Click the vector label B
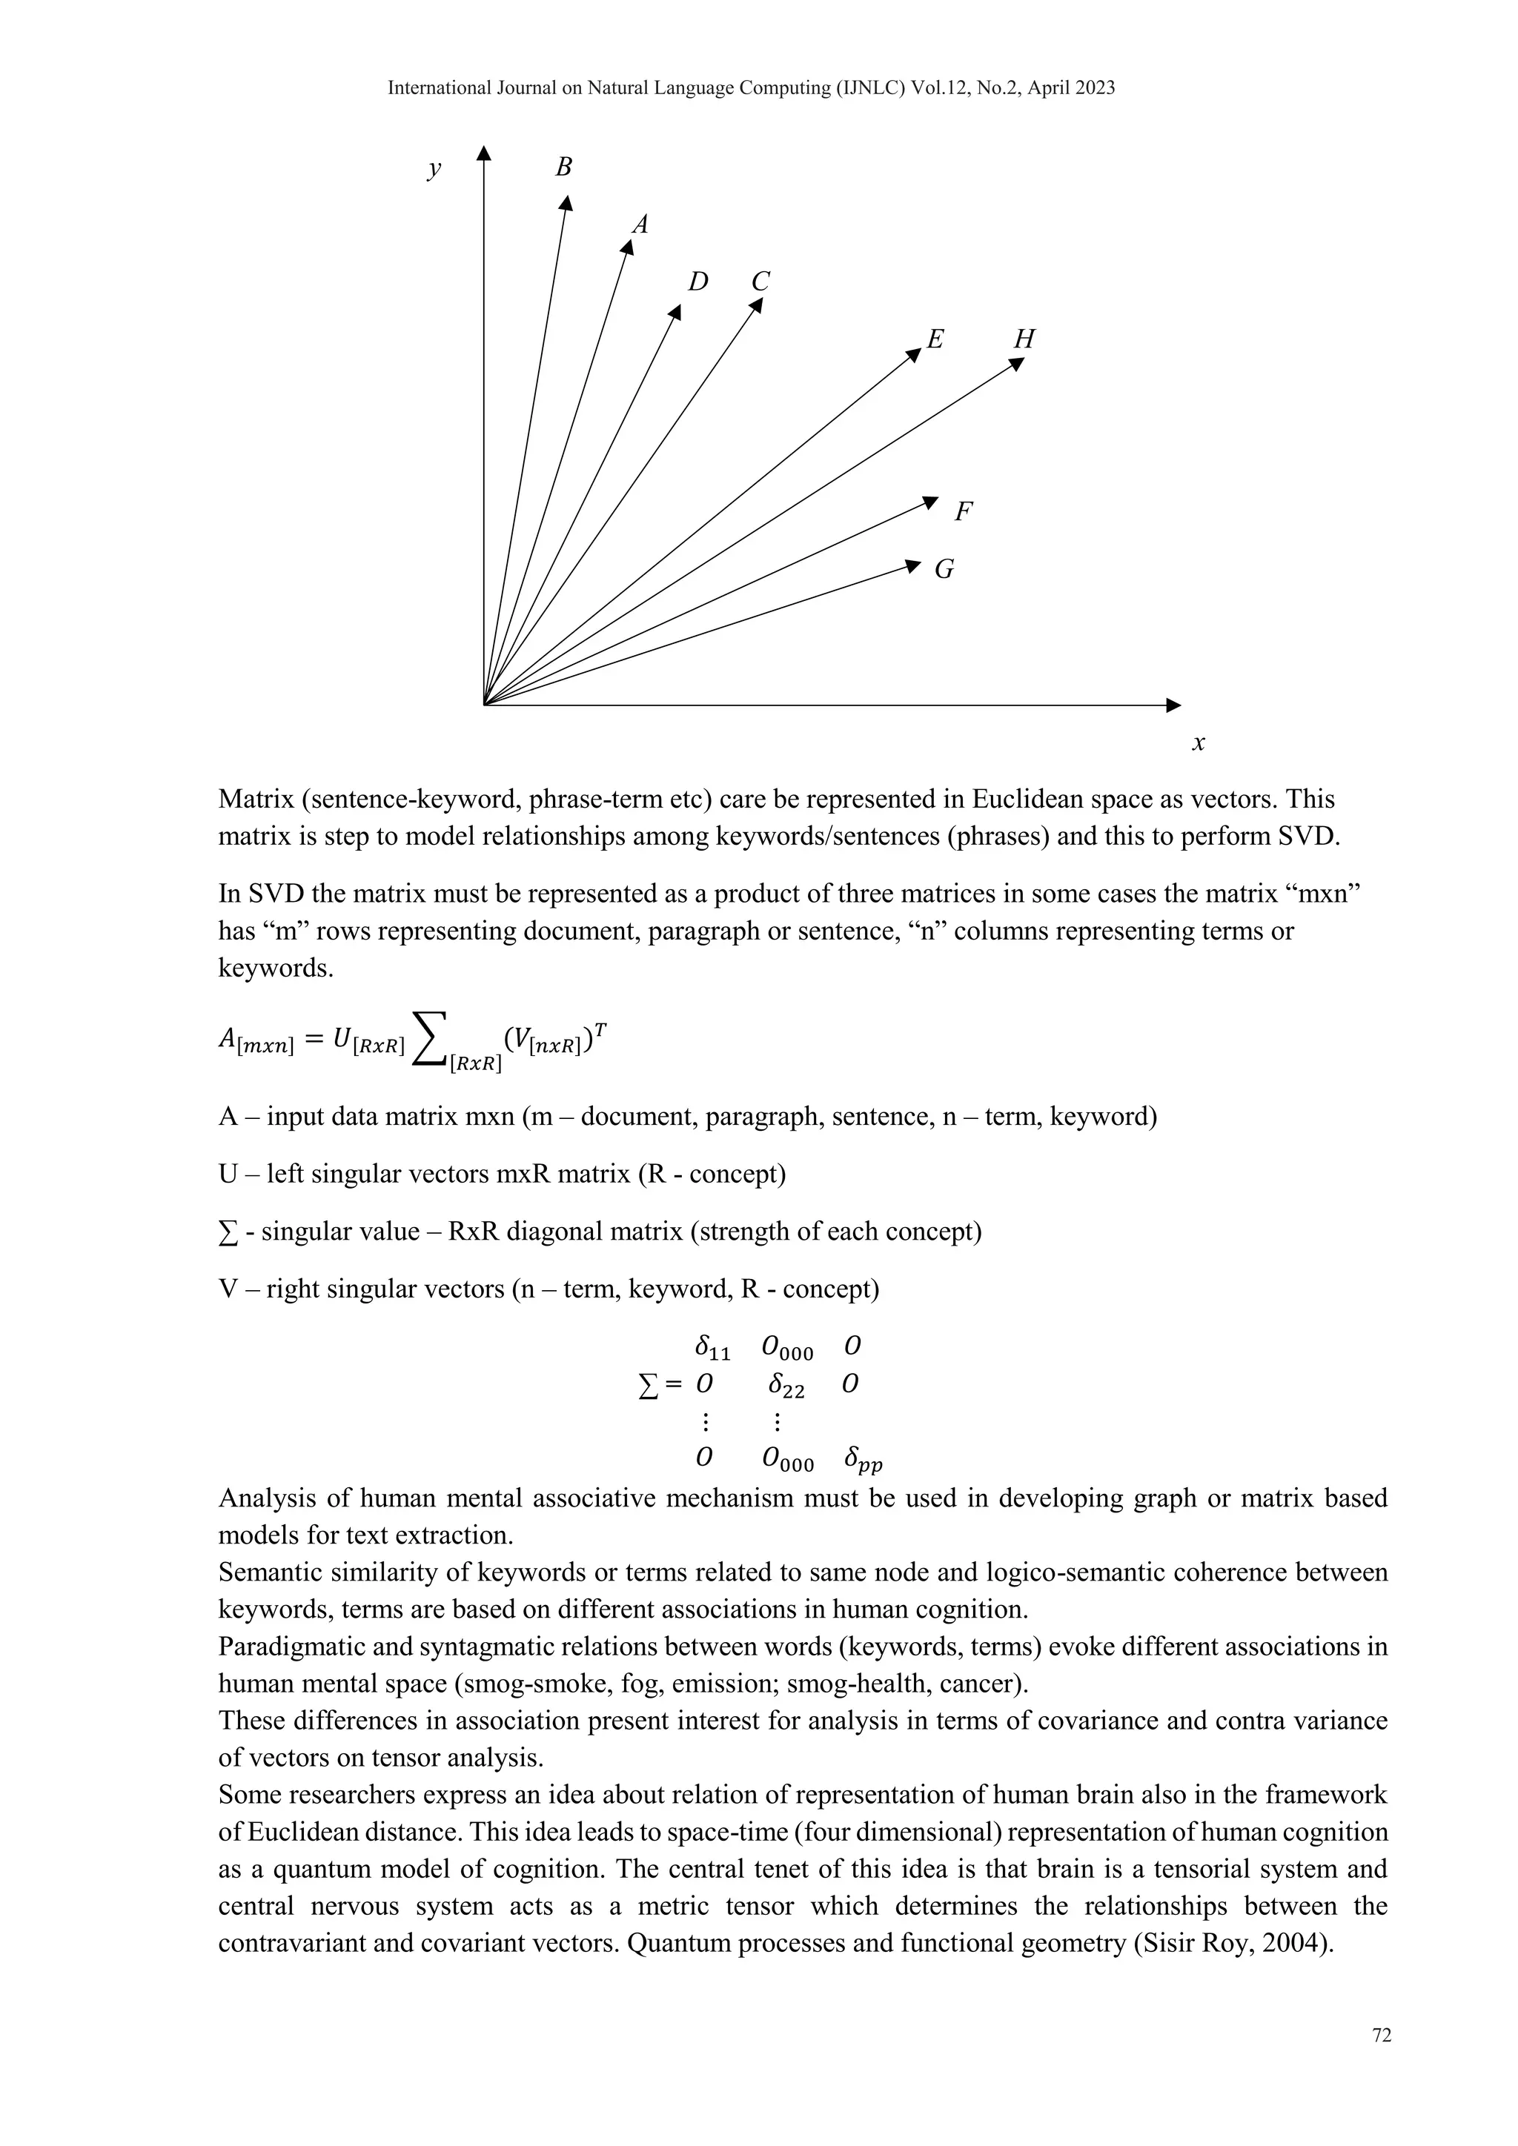tap(563, 167)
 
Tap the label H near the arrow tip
tap(1024, 339)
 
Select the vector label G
tap(944, 569)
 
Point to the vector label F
tap(964, 511)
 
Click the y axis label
tap(434, 168)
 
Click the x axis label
tap(1199, 743)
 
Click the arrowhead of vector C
tap(757, 305)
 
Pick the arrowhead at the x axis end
tap(1174, 704)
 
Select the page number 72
tap(1382, 2036)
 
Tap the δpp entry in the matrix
tap(863, 1460)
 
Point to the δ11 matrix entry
tap(712, 1348)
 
